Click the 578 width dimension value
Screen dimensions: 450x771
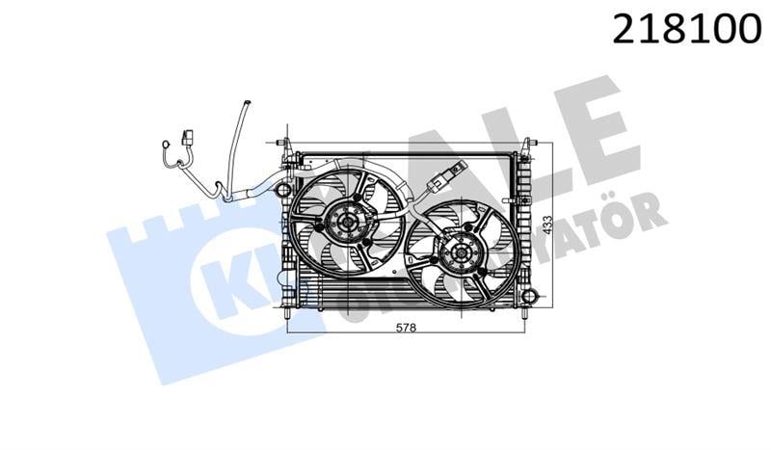point(406,328)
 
